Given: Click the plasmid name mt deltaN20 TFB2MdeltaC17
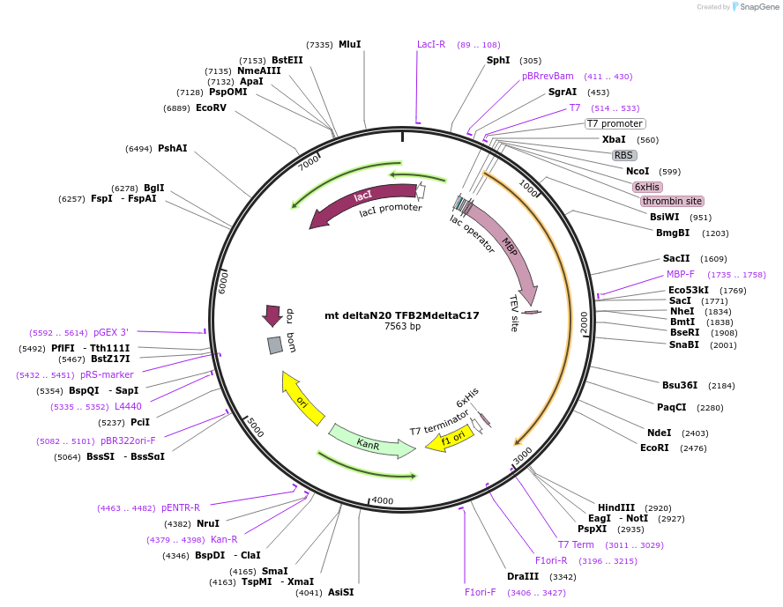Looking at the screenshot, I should click(402, 315).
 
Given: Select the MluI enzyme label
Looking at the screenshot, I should click(350, 44).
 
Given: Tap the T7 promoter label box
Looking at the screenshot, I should click(615, 123).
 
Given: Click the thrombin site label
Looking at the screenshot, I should click(672, 201).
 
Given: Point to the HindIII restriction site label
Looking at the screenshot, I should click(616, 507).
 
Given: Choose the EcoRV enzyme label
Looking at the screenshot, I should click(211, 107).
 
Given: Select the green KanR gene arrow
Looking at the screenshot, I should click(370, 440).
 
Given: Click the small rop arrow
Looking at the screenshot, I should click(272, 315).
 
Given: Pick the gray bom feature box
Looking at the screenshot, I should click(275, 345).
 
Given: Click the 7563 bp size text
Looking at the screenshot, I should click(402, 327).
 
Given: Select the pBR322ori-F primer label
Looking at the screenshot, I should click(128, 440).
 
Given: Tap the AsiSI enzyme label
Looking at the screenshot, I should click(340, 592).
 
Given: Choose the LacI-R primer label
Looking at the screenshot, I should click(431, 44).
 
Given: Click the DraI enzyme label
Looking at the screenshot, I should click(517, 576).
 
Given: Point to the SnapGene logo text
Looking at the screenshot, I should click(757, 7).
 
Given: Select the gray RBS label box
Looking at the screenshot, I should click(624, 155).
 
